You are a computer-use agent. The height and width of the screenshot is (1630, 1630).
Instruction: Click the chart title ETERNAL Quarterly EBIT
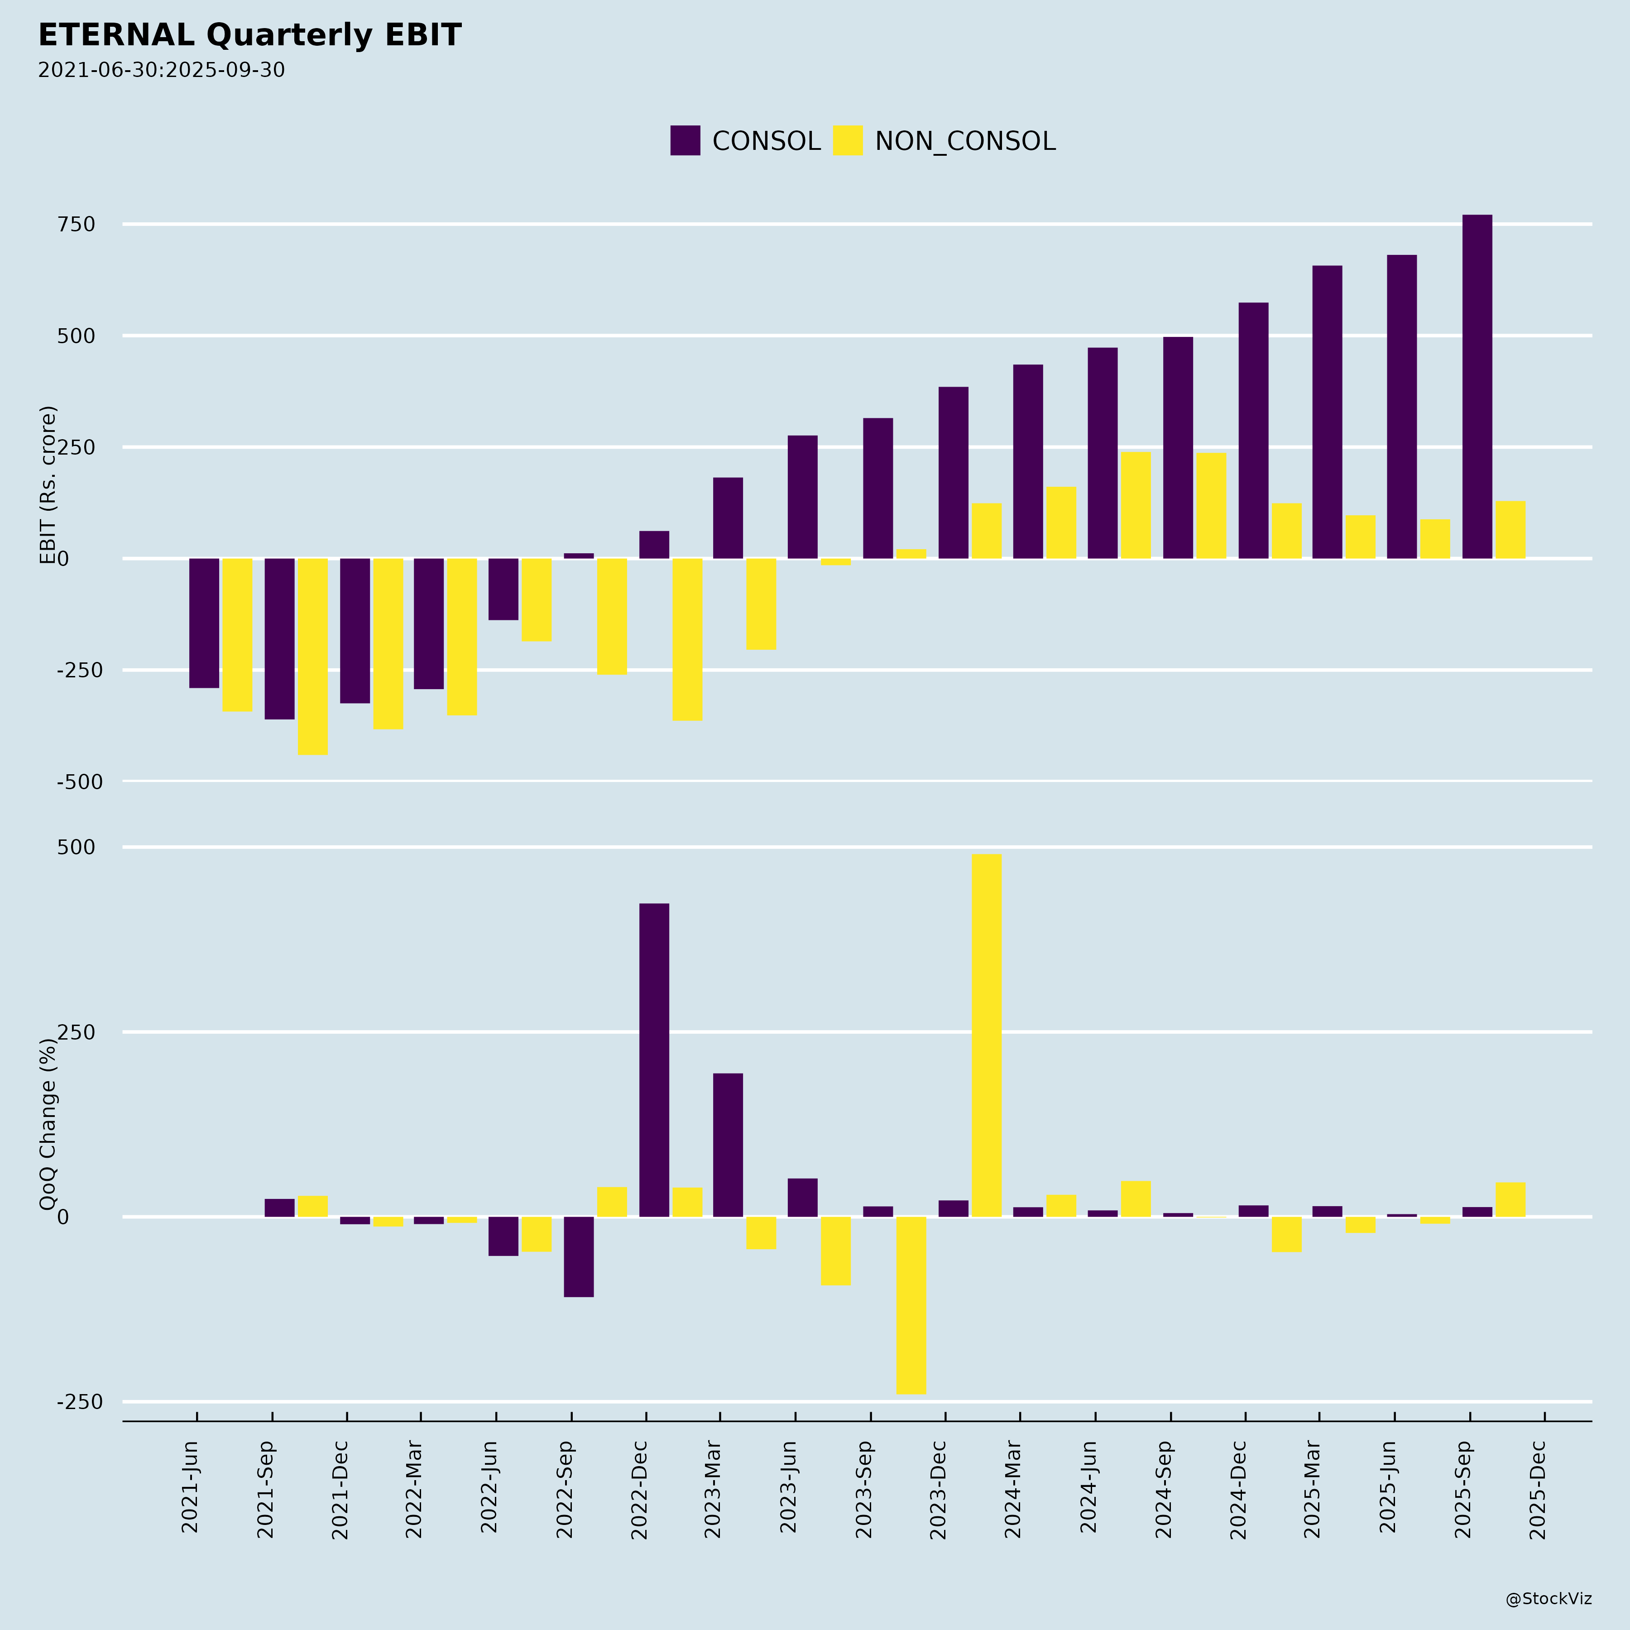pyautogui.click(x=250, y=35)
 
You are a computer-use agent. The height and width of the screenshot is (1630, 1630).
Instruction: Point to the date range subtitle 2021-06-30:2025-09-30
pyautogui.click(x=161, y=70)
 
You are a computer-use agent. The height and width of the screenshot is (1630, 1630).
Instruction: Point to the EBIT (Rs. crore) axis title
pyautogui.click(x=48, y=485)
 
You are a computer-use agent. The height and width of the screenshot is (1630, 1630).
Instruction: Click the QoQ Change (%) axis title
pyautogui.click(x=48, y=1124)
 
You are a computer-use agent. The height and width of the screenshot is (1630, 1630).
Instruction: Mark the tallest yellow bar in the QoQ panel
pyautogui.click(x=987, y=1035)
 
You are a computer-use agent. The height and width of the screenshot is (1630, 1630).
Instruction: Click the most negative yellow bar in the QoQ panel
pyautogui.click(x=911, y=1305)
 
